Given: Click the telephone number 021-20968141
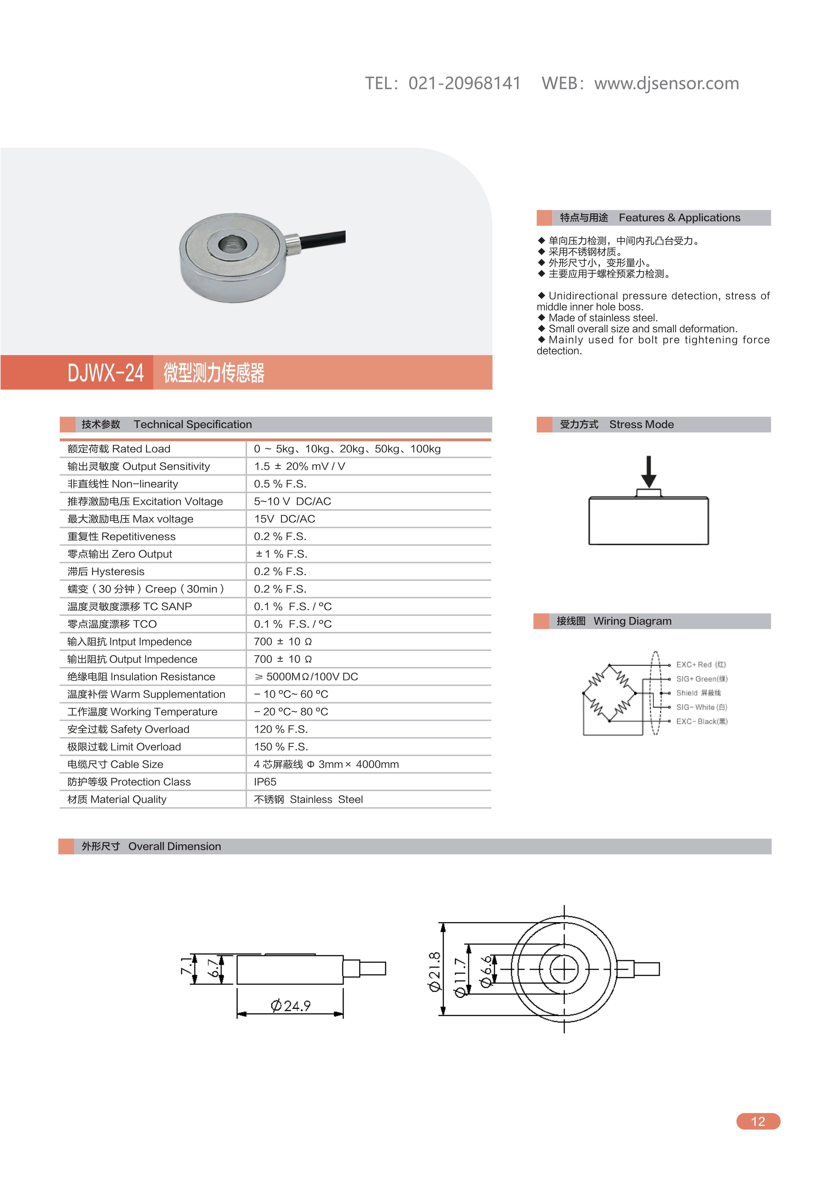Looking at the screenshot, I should click(464, 83).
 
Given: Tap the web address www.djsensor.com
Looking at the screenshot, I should click(666, 83).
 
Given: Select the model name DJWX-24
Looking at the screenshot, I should click(105, 373).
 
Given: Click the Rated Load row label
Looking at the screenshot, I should click(119, 449).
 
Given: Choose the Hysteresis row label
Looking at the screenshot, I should click(106, 572).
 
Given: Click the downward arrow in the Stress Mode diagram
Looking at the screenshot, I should click(649, 471).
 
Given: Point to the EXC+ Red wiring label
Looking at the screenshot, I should click(700, 665).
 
